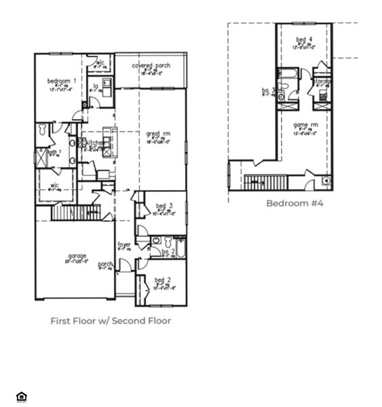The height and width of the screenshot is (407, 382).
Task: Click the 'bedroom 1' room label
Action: pos(61,81)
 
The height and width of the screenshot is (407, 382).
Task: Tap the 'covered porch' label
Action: pos(151,66)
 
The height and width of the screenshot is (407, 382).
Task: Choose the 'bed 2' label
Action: pos(162,279)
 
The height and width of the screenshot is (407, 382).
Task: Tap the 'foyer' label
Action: pos(124,244)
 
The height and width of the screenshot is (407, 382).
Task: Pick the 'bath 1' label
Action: pos(54,152)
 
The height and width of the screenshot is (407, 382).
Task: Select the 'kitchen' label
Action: pos(94,142)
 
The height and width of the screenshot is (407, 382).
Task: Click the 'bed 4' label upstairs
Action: pos(305,39)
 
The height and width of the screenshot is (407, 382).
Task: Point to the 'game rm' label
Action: pos(305,125)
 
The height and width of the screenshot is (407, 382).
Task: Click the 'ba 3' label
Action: pos(269,90)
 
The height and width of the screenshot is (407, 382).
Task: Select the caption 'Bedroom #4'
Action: pos(294,203)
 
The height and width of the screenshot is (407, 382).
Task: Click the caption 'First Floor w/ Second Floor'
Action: pos(111,321)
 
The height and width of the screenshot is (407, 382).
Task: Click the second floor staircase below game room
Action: pos(266,182)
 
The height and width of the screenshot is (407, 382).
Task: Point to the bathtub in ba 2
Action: pos(180,249)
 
